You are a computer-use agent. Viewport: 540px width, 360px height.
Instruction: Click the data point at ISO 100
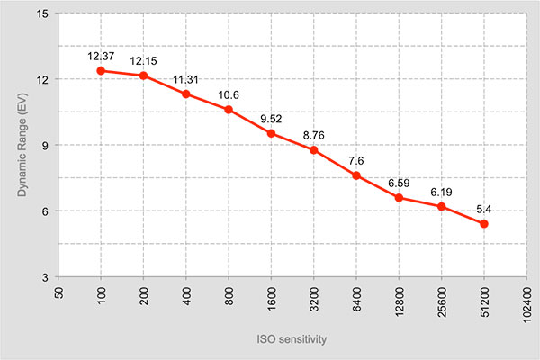pyautogui.click(x=101, y=71)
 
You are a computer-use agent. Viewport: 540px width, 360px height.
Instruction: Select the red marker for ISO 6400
pyautogui.click(x=356, y=175)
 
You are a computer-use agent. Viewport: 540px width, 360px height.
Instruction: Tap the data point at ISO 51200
pyautogui.click(x=484, y=224)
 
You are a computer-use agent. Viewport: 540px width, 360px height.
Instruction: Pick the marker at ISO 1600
pyautogui.click(x=272, y=133)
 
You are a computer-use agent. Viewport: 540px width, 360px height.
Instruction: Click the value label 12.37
pyautogui.click(x=101, y=56)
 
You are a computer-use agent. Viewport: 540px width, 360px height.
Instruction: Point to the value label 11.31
pyautogui.click(x=185, y=80)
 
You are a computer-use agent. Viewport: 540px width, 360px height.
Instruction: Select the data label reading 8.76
pyautogui.click(x=314, y=135)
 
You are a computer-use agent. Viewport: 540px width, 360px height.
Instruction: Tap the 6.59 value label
pyautogui.click(x=399, y=184)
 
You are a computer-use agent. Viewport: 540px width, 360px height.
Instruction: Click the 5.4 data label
pyautogui.click(x=484, y=209)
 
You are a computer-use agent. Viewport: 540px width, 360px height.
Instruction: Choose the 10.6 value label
pyautogui.click(x=229, y=95)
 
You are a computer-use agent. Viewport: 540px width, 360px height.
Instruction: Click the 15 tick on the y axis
pyautogui.click(x=43, y=13)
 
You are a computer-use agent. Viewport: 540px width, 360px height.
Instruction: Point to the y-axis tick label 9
pyautogui.click(x=46, y=145)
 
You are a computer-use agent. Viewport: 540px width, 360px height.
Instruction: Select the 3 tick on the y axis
pyautogui.click(x=46, y=277)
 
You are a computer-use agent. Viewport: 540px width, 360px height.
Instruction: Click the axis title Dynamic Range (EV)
pyautogui.click(x=22, y=145)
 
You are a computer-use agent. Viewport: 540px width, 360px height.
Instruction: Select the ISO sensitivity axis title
pyautogui.click(x=292, y=339)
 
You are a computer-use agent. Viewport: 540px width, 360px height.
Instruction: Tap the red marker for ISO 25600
pyautogui.click(x=442, y=207)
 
